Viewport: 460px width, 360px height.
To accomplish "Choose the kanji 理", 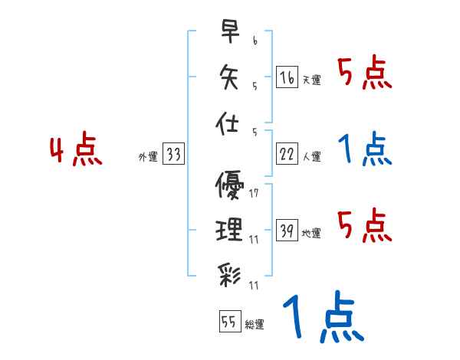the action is point(230,229).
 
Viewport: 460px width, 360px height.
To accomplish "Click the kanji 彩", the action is point(230,273).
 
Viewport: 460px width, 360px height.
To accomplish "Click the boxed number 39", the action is point(287,231).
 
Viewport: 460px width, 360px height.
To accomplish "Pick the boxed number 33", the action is point(173,155).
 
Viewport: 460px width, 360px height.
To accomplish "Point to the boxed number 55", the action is point(228,322).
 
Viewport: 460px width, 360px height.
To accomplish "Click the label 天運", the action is point(311,80).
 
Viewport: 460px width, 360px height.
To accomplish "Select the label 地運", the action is point(311,233).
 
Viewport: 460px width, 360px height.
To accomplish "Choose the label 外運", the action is point(147,157).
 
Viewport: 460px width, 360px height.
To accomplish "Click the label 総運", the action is point(254,325).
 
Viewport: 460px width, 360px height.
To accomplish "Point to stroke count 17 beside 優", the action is point(254,194).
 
